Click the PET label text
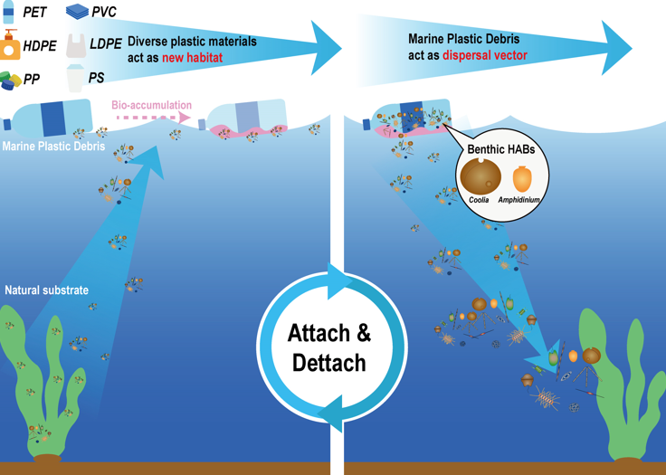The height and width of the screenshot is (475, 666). pyautogui.click(x=35, y=12)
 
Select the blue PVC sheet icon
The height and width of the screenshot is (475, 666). pyautogui.click(x=78, y=12)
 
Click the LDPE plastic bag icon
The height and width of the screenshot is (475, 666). pyautogui.click(x=75, y=45)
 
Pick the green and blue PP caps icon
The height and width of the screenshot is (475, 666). pyautogui.click(x=10, y=80)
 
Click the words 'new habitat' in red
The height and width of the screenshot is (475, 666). pyautogui.click(x=192, y=57)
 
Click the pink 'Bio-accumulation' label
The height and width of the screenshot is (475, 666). pyautogui.click(x=151, y=104)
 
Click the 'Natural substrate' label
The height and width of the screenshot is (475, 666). pyautogui.click(x=46, y=290)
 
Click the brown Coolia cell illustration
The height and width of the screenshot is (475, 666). pyautogui.click(x=480, y=175)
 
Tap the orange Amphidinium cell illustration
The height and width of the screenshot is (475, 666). pyautogui.click(x=522, y=177)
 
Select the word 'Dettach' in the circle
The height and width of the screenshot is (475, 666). pyautogui.click(x=329, y=363)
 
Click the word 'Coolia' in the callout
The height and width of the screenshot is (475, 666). pyautogui.click(x=480, y=199)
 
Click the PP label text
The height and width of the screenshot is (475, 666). pyautogui.click(x=32, y=80)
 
